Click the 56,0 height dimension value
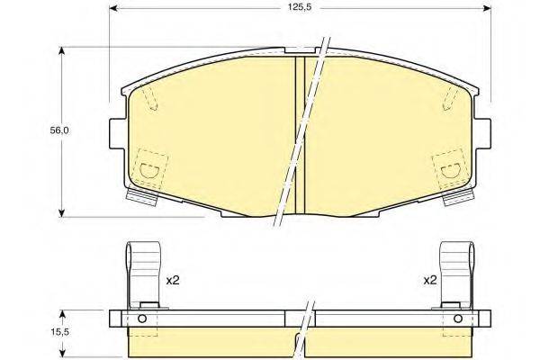click(59, 130)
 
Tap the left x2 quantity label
click(173, 281)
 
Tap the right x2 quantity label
click(429, 281)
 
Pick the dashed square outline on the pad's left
click(149, 167)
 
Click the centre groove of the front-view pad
click(301, 135)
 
